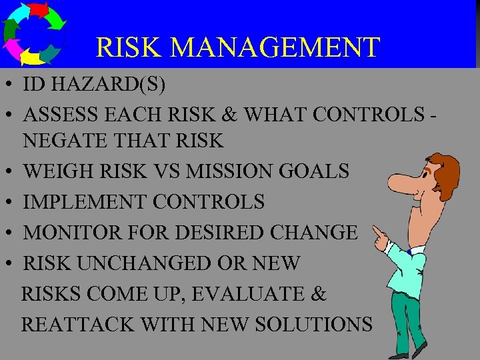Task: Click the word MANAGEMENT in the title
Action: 275,48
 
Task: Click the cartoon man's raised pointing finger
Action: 376,231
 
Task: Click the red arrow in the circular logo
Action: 41,9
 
